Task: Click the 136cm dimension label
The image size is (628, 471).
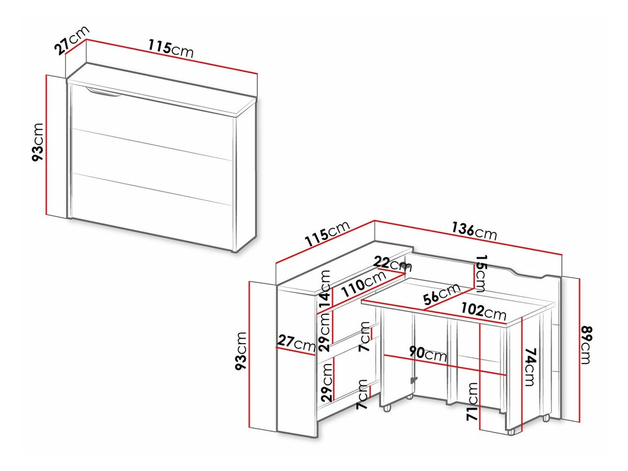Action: [474, 231]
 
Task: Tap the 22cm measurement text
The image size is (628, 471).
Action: [394, 263]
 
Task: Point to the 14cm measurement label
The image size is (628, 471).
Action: [326, 290]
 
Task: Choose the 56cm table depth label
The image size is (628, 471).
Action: [442, 294]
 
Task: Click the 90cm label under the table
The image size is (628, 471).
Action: [428, 354]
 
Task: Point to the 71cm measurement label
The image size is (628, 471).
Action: [473, 402]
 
